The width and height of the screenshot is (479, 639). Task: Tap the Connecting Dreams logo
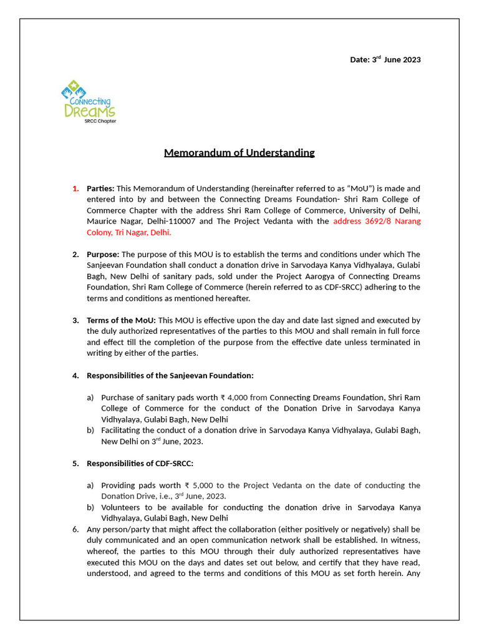(x=89, y=101)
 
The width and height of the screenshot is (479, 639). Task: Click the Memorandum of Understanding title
(x=239, y=153)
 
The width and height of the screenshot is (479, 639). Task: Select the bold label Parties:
(x=100, y=188)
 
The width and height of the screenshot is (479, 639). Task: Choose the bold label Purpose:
(x=103, y=255)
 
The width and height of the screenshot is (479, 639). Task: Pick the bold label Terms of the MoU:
(x=122, y=321)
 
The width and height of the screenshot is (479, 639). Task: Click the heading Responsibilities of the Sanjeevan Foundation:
(x=170, y=376)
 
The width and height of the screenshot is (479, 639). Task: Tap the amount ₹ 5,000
(x=199, y=485)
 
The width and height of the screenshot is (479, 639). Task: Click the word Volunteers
(x=122, y=507)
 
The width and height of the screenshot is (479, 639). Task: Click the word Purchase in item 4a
(x=119, y=398)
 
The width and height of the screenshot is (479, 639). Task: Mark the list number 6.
(x=75, y=529)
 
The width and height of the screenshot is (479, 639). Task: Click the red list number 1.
(x=75, y=188)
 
